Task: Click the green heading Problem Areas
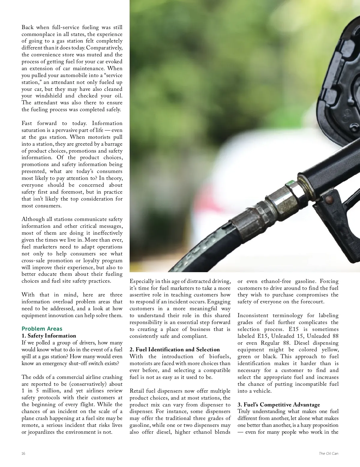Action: coord(42,329)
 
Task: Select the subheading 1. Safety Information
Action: coord(49,336)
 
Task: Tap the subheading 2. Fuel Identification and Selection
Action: coord(175,350)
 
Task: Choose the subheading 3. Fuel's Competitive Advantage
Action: coord(279,405)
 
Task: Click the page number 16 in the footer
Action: coord(23,454)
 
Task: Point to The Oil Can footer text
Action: coord(328,454)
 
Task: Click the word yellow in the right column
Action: coord(330,350)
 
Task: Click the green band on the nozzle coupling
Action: coord(290,182)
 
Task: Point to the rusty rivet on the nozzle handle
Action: coord(330,198)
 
